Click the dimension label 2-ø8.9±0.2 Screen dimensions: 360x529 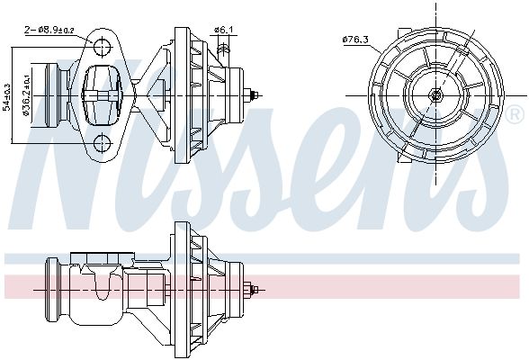click(x=53, y=29)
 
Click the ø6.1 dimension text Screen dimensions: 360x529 click(x=224, y=31)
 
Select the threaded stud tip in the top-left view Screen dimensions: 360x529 click(x=257, y=94)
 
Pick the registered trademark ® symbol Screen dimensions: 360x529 click(x=515, y=114)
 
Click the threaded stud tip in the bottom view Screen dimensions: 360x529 click(x=257, y=290)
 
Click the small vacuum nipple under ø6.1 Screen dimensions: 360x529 click(x=221, y=53)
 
